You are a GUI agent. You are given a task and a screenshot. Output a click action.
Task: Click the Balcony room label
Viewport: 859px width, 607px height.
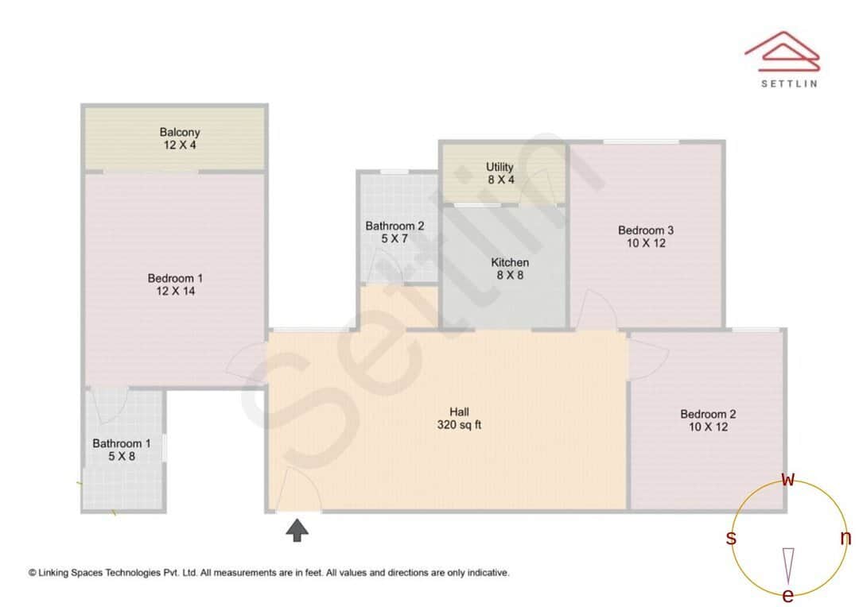(x=180, y=132)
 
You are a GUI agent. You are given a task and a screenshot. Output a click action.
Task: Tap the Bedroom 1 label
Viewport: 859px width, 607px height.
(x=175, y=278)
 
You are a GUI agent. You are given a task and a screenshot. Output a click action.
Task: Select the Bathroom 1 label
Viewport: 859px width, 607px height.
(x=121, y=443)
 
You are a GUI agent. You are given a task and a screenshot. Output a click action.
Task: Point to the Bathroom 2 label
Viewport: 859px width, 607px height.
(x=395, y=226)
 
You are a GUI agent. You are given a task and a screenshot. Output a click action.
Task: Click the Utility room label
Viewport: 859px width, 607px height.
(x=500, y=167)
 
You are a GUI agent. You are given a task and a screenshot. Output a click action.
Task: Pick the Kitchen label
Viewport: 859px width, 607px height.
(x=510, y=262)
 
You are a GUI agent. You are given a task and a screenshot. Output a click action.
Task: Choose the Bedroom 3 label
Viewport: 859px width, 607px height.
(x=646, y=230)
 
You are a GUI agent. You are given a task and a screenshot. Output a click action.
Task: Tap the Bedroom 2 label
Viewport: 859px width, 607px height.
(x=708, y=414)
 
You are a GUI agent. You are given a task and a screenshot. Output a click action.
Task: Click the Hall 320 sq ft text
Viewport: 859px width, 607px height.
(x=460, y=418)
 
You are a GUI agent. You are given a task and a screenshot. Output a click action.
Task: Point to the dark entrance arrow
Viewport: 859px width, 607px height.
(x=297, y=530)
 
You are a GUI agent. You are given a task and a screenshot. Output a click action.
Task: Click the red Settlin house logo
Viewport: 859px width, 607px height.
(x=782, y=49)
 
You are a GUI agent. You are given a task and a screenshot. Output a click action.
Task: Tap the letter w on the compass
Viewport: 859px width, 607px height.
(x=788, y=479)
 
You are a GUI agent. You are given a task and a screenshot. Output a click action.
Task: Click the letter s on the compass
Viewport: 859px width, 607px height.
(x=731, y=539)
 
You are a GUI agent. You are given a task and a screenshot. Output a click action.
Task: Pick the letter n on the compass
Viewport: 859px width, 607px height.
(x=845, y=538)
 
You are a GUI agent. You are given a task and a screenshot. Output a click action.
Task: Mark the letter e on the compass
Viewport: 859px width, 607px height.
(x=788, y=596)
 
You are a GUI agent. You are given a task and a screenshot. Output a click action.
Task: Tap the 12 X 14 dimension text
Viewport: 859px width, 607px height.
(x=176, y=292)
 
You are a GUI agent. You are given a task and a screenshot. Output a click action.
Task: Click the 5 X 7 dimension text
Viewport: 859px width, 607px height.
(x=395, y=238)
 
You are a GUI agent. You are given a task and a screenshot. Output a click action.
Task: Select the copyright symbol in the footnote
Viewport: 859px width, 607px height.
(x=33, y=572)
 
